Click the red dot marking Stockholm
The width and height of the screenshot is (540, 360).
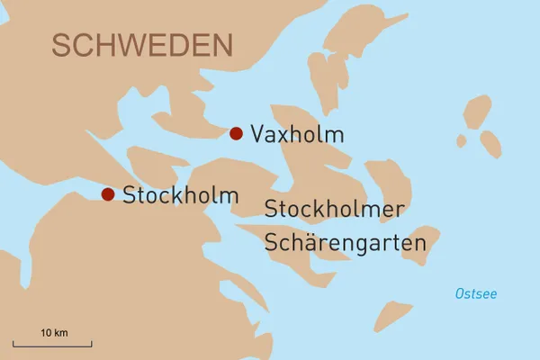tap(108, 193)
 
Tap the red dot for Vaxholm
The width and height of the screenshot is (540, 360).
tap(236, 133)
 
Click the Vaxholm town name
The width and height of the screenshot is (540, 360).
tap(297, 135)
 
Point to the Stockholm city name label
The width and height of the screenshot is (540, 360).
tap(180, 194)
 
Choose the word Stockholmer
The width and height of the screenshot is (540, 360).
tap(335, 209)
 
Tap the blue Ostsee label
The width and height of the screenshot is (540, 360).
tap(476, 294)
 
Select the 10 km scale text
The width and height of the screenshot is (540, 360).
tap(54, 333)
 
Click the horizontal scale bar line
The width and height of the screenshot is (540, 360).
tap(52, 345)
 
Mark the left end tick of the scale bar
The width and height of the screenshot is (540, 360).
tap(13, 343)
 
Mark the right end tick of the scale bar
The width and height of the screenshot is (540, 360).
tap(91, 343)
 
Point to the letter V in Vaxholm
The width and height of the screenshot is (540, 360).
tap(258, 135)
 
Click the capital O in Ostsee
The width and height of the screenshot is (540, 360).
tap(461, 294)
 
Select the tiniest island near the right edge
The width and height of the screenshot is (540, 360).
tap(462, 141)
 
